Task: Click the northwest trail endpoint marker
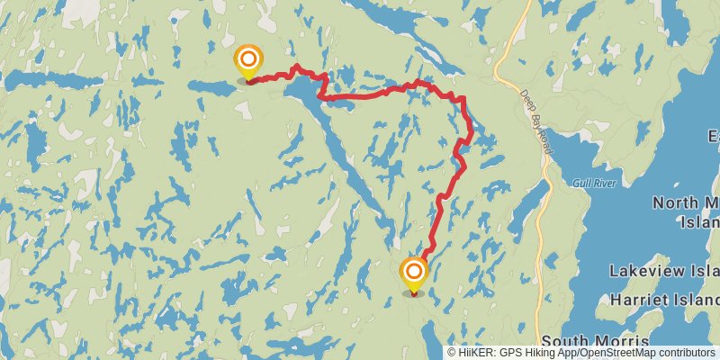coord(247,61)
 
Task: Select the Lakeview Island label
coord(664,271)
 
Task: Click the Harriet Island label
coord(665,298)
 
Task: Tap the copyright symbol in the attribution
coord(453,353)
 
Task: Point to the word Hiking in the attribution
coord(537,353)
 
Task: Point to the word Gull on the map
coord(580,183)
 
